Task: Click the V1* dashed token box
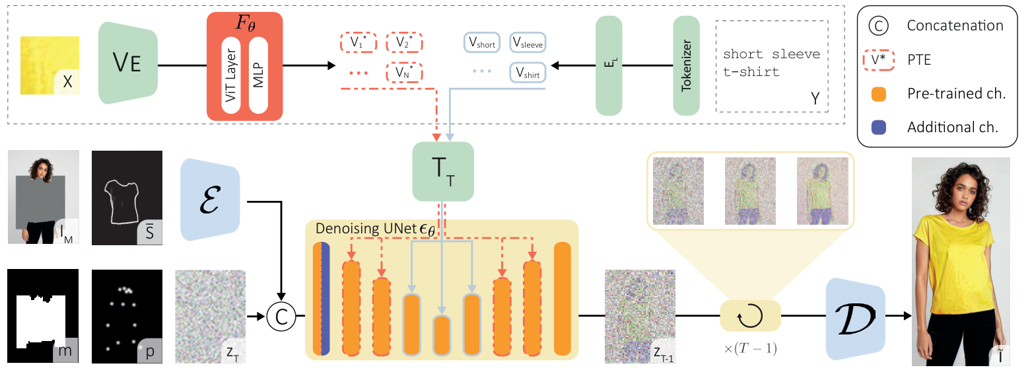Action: [358, 42]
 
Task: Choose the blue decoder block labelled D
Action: [854, 317]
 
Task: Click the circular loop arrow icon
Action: [750, 317]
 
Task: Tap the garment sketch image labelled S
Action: [127, 196]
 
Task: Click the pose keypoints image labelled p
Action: [127, 316]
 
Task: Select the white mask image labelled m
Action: [43, 316]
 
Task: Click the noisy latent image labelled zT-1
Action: [639, 317]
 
